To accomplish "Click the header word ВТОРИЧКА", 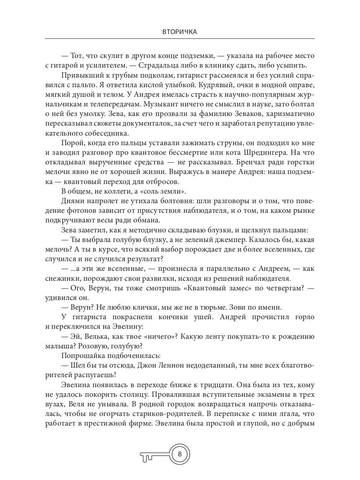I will tap(180, 32).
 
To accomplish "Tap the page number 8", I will tap(180, 454).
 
